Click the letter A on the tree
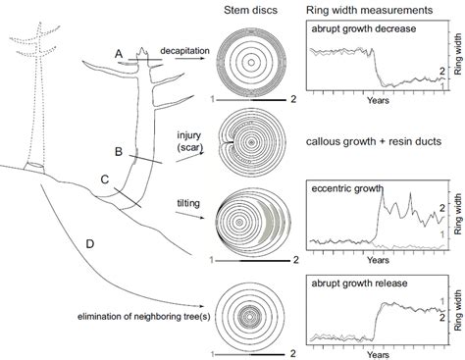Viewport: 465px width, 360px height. [118, 52]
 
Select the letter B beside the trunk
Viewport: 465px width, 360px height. [119, 152]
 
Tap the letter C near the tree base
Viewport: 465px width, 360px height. [105, 180]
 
